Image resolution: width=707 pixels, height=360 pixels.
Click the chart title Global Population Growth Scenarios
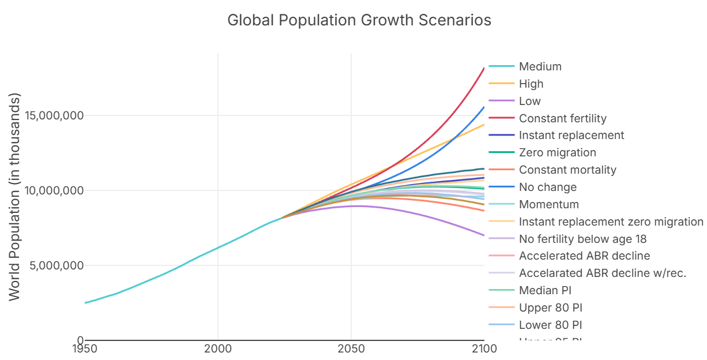[359, 20]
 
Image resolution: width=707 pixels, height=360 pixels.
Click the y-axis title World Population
[14, 196]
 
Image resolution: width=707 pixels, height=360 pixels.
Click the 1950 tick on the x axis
[84, 348]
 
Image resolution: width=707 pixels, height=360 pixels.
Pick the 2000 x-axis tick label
[217, 348]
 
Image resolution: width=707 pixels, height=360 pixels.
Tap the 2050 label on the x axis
[351, 348]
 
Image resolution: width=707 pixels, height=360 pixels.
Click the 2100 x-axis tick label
[483, 348]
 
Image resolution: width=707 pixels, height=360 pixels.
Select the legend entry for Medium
[540, 67]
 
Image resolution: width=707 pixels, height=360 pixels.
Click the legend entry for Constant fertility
[562, 119]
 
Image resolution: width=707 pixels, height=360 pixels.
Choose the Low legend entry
[529, 102]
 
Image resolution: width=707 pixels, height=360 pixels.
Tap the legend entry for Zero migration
[557, 153]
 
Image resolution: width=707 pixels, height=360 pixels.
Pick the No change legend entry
[547, 187]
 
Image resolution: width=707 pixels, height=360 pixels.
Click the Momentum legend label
[548, 205]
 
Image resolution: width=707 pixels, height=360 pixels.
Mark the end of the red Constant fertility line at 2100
[484, 68]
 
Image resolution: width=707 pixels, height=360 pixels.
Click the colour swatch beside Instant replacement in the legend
[501, 136]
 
